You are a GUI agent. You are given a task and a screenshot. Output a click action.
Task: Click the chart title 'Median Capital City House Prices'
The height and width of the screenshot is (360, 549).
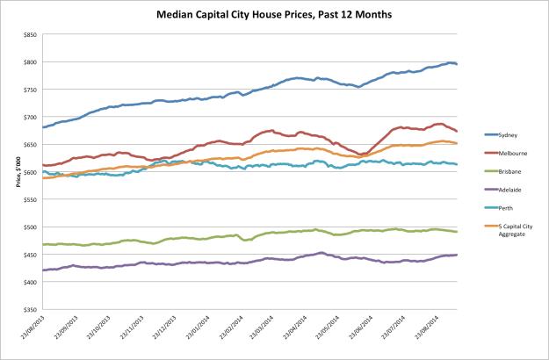click(x=274, y=14)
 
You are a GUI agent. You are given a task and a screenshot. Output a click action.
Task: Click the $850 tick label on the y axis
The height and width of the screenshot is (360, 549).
click(x=30, y=34)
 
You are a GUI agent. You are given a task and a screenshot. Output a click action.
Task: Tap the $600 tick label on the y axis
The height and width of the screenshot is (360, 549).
click(x=30, y=172)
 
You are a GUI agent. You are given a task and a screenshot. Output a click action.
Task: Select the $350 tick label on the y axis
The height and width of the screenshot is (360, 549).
click(x=30, y=310)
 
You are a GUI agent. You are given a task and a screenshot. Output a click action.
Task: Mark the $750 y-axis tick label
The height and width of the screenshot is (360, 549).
click(x=30, y=90)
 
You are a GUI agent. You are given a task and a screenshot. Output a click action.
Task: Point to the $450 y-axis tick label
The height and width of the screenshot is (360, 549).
click(x=30, y=255)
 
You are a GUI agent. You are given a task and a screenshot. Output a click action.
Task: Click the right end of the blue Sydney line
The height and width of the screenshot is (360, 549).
click(x=456, y=64)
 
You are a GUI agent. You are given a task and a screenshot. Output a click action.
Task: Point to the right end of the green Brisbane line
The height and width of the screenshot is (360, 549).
click(x=456, y=232)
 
